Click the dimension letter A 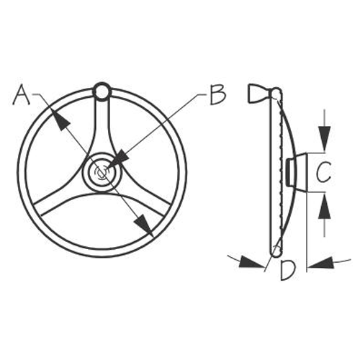[22, 94]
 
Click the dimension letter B [217, 94]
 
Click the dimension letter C [323, 172]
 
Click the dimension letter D [288, 271]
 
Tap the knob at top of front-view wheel [102, 91]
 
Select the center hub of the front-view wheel [102, 172]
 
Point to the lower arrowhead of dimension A [143, 225]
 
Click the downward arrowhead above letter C [324, 139]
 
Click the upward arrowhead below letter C [325, 206]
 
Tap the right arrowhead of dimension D [321, 263]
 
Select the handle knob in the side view [258, 94]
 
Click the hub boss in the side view [297, 172]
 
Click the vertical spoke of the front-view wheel [102, 125]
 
